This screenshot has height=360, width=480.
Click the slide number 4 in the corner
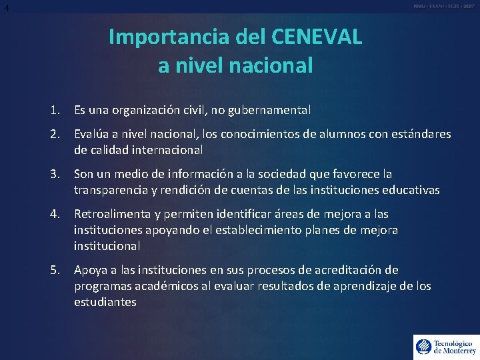[x=6, y=7]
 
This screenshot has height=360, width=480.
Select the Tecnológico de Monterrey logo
[x=445, y=347]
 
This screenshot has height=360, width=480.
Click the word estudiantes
[x=105, y=301]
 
